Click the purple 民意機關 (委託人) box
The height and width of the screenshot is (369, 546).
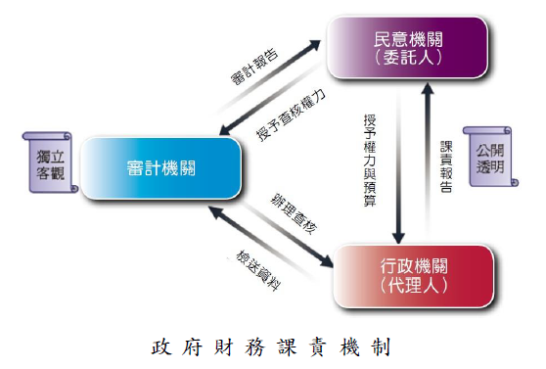406,48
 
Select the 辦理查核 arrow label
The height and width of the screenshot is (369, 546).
294,210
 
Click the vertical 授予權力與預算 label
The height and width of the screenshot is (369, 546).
370,161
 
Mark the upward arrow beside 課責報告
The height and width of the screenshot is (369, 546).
426,161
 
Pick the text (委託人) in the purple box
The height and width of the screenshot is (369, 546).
406,58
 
